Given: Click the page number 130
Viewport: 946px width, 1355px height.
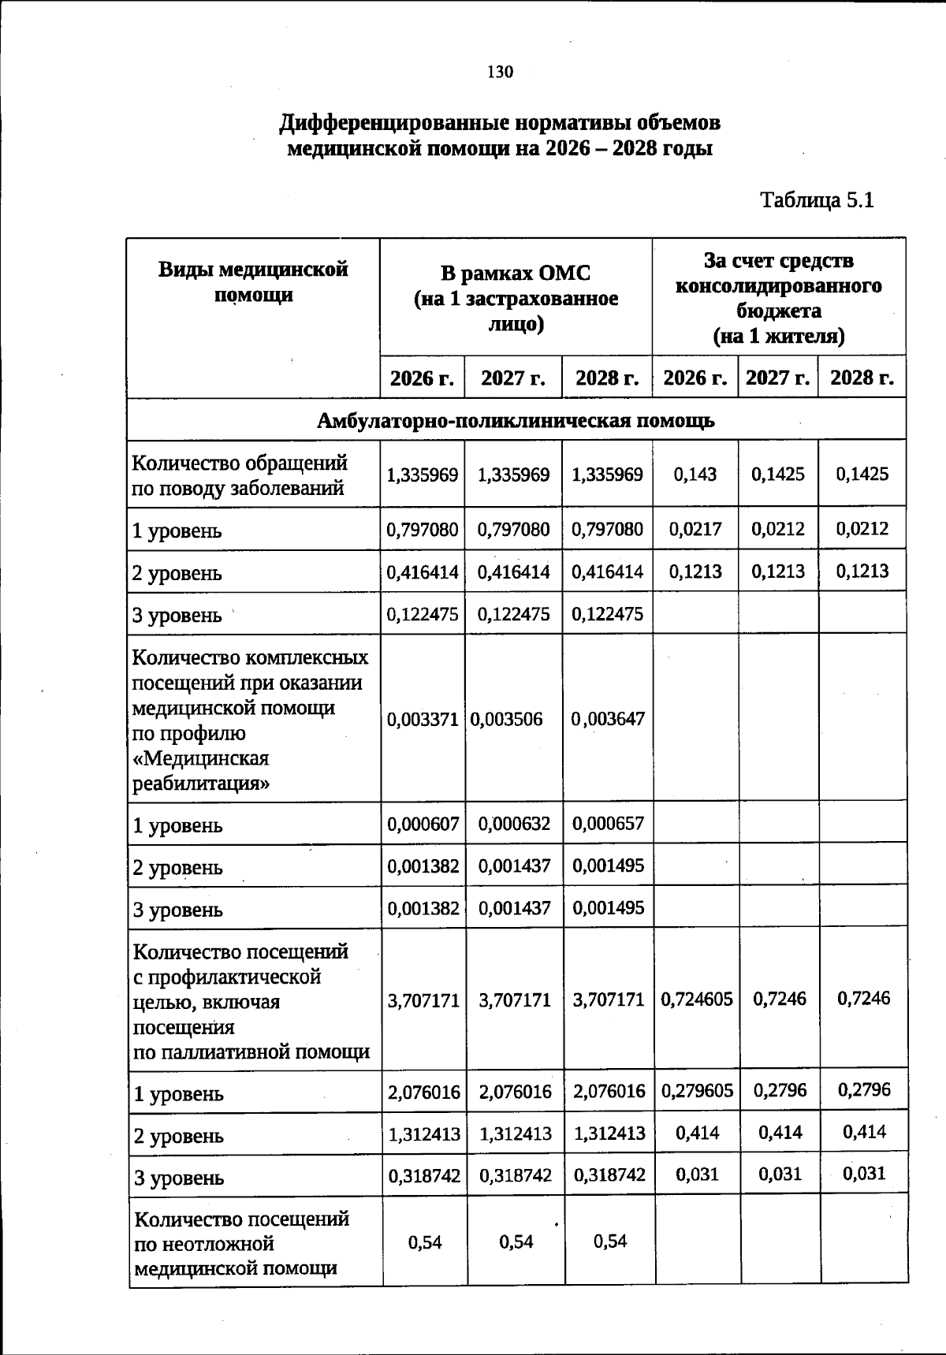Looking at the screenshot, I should (500, 73).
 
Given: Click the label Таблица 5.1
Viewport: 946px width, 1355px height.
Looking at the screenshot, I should (817, 200).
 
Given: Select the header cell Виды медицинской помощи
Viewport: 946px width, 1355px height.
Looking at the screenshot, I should (253, 282).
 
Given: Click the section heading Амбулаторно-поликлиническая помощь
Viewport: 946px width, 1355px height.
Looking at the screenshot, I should (516, 420).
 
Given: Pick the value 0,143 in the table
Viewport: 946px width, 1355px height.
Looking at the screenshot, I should (695, 474).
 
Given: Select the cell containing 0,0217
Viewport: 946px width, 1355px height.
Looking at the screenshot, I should (695, 529).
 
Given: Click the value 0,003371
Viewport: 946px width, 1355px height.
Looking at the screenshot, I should (423, 719).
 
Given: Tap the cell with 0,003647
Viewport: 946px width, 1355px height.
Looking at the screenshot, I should (608, 719).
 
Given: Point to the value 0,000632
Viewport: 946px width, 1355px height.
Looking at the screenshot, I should (514, 824).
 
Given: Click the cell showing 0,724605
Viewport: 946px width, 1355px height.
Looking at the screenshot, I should (697, 999).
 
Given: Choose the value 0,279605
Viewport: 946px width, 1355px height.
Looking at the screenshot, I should (697, 1091).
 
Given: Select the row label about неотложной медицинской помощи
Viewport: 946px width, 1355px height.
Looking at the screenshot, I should (241, 1243).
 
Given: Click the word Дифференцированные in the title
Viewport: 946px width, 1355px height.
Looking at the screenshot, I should (394, 123).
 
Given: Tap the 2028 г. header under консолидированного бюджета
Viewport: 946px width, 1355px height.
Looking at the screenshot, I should (862, 378).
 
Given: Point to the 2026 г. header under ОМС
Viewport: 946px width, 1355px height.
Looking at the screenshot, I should (423, 378).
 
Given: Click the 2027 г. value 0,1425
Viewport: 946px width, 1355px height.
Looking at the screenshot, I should (778, 474).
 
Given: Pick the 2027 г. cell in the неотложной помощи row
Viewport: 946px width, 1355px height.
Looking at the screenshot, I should (516, 1242).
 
